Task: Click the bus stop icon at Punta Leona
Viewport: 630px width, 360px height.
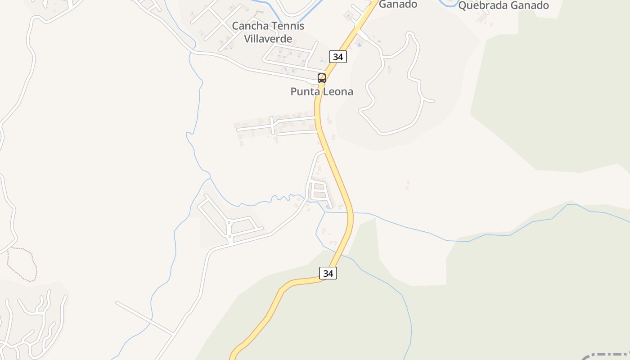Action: tap(322, 78)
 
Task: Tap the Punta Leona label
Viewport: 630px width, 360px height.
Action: tap(322, 92)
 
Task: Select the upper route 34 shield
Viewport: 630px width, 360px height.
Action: tap(338, 57)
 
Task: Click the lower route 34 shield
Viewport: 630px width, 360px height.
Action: tap(328, 273)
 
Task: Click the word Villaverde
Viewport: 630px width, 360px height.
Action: tap(268, 38)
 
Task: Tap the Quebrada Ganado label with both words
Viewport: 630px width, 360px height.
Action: tap(504, 5)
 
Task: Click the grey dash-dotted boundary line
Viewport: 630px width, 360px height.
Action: tap(607, 354)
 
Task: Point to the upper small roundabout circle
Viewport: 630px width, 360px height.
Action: tap(229, 222)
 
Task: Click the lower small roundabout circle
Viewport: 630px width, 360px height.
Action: tap(229, 236)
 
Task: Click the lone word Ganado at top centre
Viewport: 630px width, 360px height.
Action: tap(398, 4)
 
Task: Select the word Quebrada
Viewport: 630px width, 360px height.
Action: tap(481, 5)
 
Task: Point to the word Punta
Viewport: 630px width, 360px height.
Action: tap(304, 92)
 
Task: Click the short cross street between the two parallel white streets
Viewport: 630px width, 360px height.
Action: tap(272, 125)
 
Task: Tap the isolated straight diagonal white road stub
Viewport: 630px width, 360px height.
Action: tap(144, 318)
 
